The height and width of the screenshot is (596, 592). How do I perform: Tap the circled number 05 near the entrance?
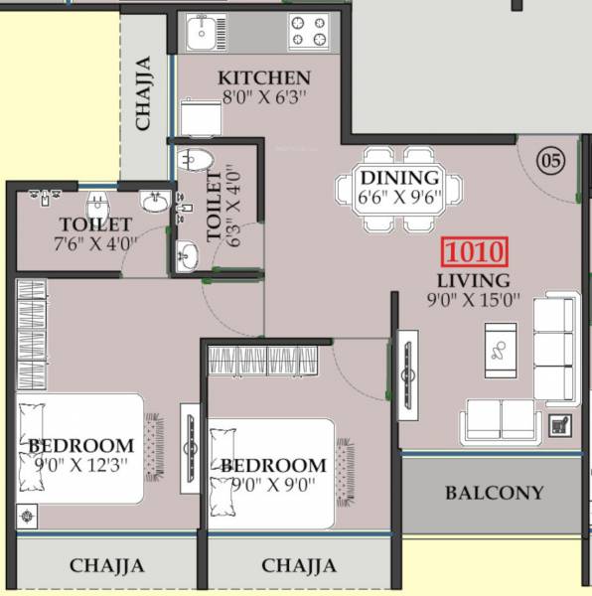(x=550, y=159)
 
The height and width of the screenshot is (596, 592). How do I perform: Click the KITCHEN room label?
(x=264, y=77)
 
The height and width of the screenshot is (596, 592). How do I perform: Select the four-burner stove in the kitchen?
(x=308, y=33)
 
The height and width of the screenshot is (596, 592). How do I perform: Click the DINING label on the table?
(x=399, y=178)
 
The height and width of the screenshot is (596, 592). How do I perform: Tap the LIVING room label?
(x=473, y=281)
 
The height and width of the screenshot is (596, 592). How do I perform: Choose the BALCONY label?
(x=494, y=493)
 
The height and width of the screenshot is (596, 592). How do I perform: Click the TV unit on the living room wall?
(x=406, y=374)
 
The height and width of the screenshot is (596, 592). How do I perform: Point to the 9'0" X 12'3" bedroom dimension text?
(x=80, y=465)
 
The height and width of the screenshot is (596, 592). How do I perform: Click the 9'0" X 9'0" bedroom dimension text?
(x=273, y=485)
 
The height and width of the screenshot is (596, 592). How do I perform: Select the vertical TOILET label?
(x=214, y=207)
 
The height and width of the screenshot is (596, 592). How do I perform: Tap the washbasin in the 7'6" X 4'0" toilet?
(x=155, y=204)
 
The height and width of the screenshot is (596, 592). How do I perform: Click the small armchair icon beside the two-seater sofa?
(x=560, y=425)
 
